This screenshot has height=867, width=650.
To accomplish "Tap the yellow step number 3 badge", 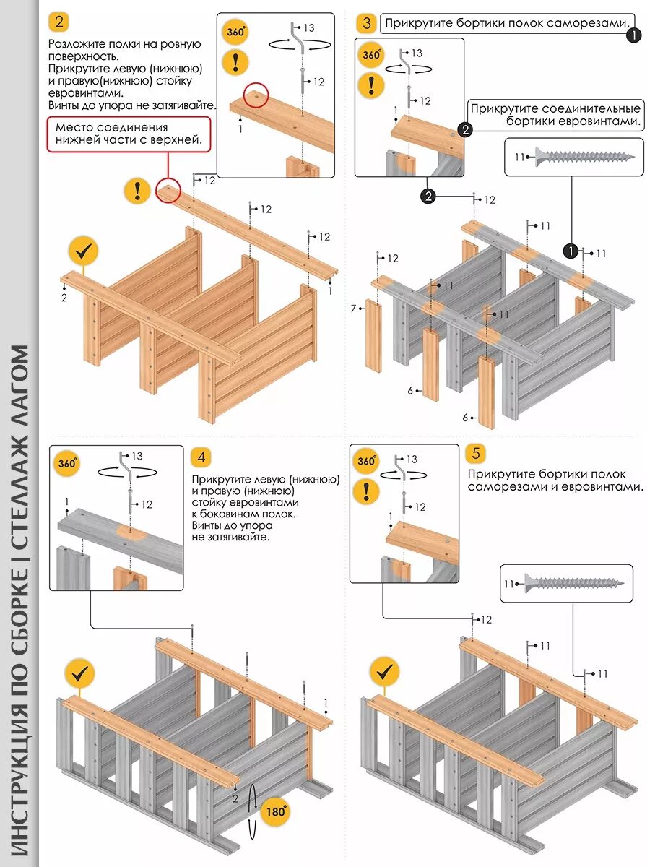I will click(x=366, y=23).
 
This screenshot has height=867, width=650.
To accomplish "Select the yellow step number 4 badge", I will click(x=201, y=457).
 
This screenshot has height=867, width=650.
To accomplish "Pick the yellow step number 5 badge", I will click(x=475, y=454).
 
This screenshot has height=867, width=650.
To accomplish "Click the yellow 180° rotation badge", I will click(x=274, y=811).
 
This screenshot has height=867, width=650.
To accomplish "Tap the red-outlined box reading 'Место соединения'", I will click(x=129, y=134).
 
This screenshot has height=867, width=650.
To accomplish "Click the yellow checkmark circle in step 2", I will click(x=83, y=252).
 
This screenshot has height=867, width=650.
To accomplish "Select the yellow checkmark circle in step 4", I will click(x=79, y=673).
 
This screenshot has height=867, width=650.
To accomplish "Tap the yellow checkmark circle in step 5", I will click(x=384, y=672).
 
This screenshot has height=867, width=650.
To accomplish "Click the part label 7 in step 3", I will click(x=354, y=309).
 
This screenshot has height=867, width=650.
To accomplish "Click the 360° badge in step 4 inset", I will click(x=67, y=463).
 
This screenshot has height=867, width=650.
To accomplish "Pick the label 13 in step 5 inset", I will click(x=412, y=460).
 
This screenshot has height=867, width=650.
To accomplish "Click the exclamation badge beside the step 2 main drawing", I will click(x=137, y=191).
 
